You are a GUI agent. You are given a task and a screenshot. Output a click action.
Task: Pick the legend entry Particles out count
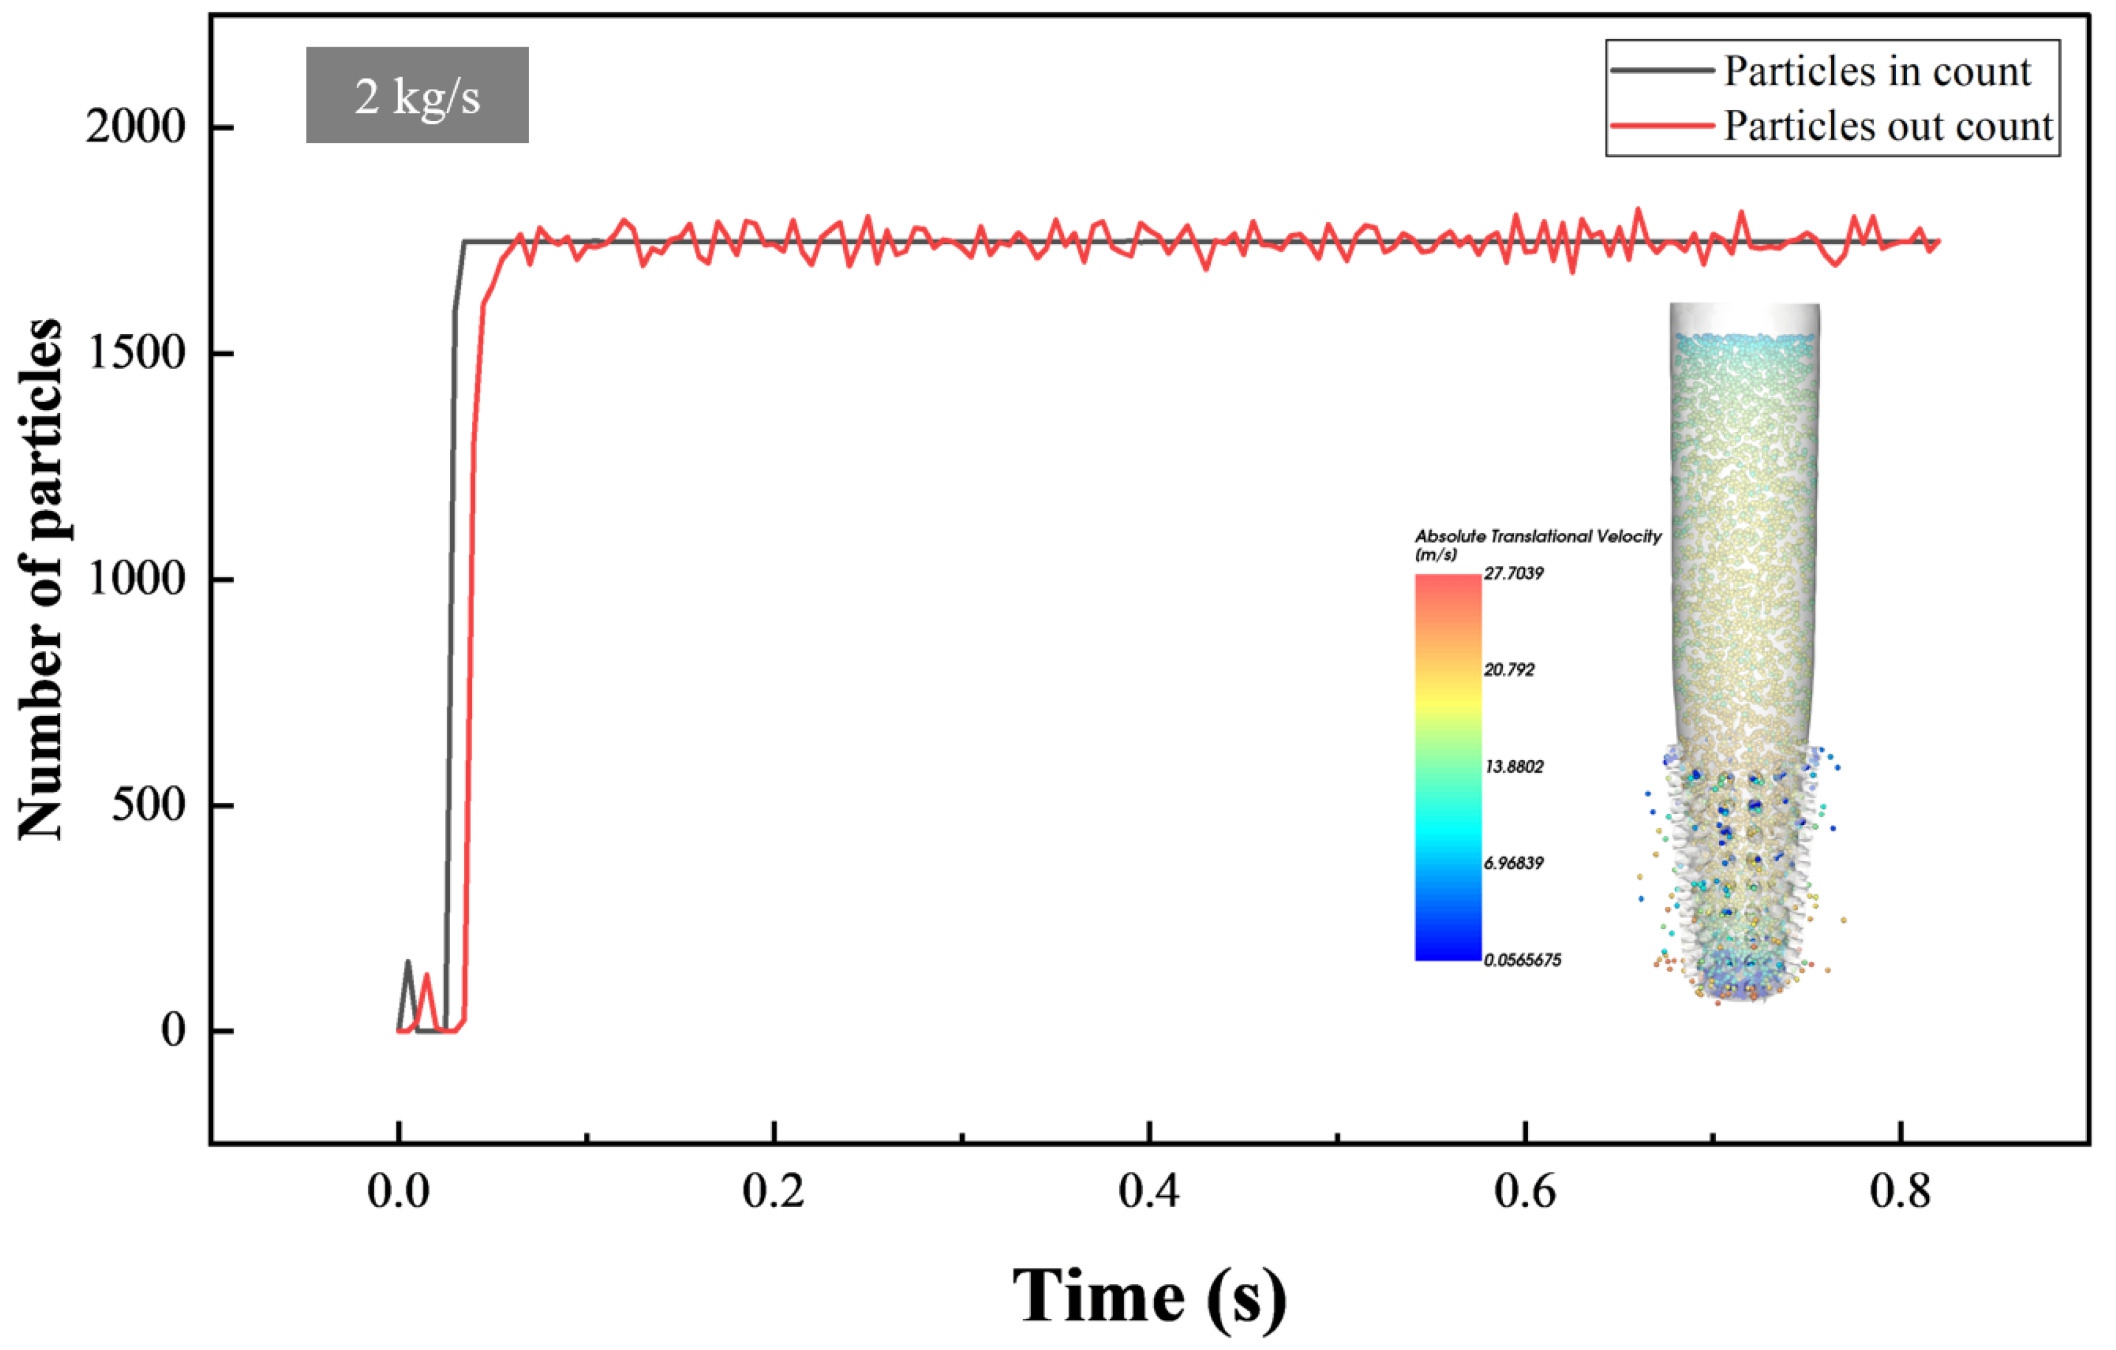click(1887, 126)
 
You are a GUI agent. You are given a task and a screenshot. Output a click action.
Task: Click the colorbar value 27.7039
click(1513, 574)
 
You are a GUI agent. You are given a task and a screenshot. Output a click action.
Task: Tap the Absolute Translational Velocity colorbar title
click(1537, 537)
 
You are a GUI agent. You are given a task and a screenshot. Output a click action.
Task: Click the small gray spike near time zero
click(408, 963)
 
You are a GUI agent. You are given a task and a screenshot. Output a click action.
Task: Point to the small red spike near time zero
click(427, 976)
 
